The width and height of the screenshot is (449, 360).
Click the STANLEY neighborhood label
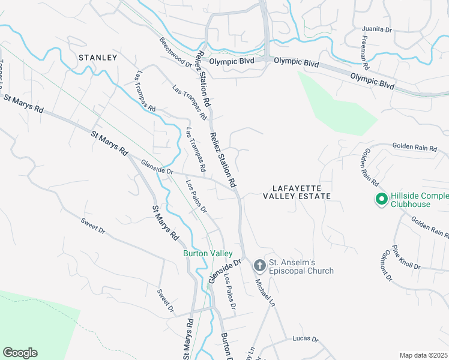97,58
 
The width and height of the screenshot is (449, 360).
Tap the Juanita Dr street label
377,29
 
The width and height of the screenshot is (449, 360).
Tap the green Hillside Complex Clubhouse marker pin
380,199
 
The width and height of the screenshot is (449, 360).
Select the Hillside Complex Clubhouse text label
419,200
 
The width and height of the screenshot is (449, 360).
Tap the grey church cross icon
259,264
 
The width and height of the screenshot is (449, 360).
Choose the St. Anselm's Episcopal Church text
301,267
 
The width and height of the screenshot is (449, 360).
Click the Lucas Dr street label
306,339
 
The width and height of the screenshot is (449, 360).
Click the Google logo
20,353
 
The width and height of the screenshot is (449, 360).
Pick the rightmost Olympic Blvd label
372,81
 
